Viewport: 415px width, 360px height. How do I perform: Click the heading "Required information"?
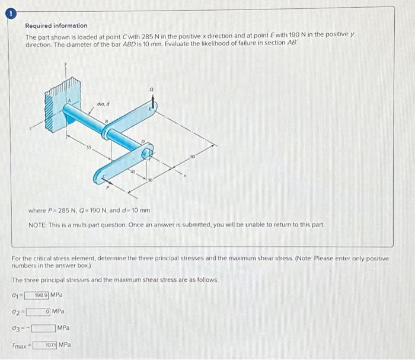(56, 26)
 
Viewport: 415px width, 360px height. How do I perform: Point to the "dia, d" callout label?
(103, 105)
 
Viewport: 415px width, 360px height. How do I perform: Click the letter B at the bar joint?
(105, 122)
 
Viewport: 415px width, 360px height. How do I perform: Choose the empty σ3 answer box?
(43, 327)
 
